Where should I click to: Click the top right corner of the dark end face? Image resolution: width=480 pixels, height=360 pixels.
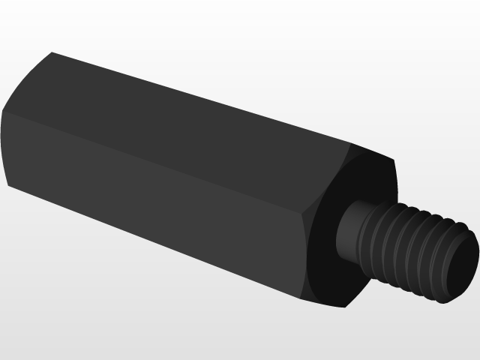(394, 160)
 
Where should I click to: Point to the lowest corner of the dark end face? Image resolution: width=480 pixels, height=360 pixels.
(344, 307)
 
